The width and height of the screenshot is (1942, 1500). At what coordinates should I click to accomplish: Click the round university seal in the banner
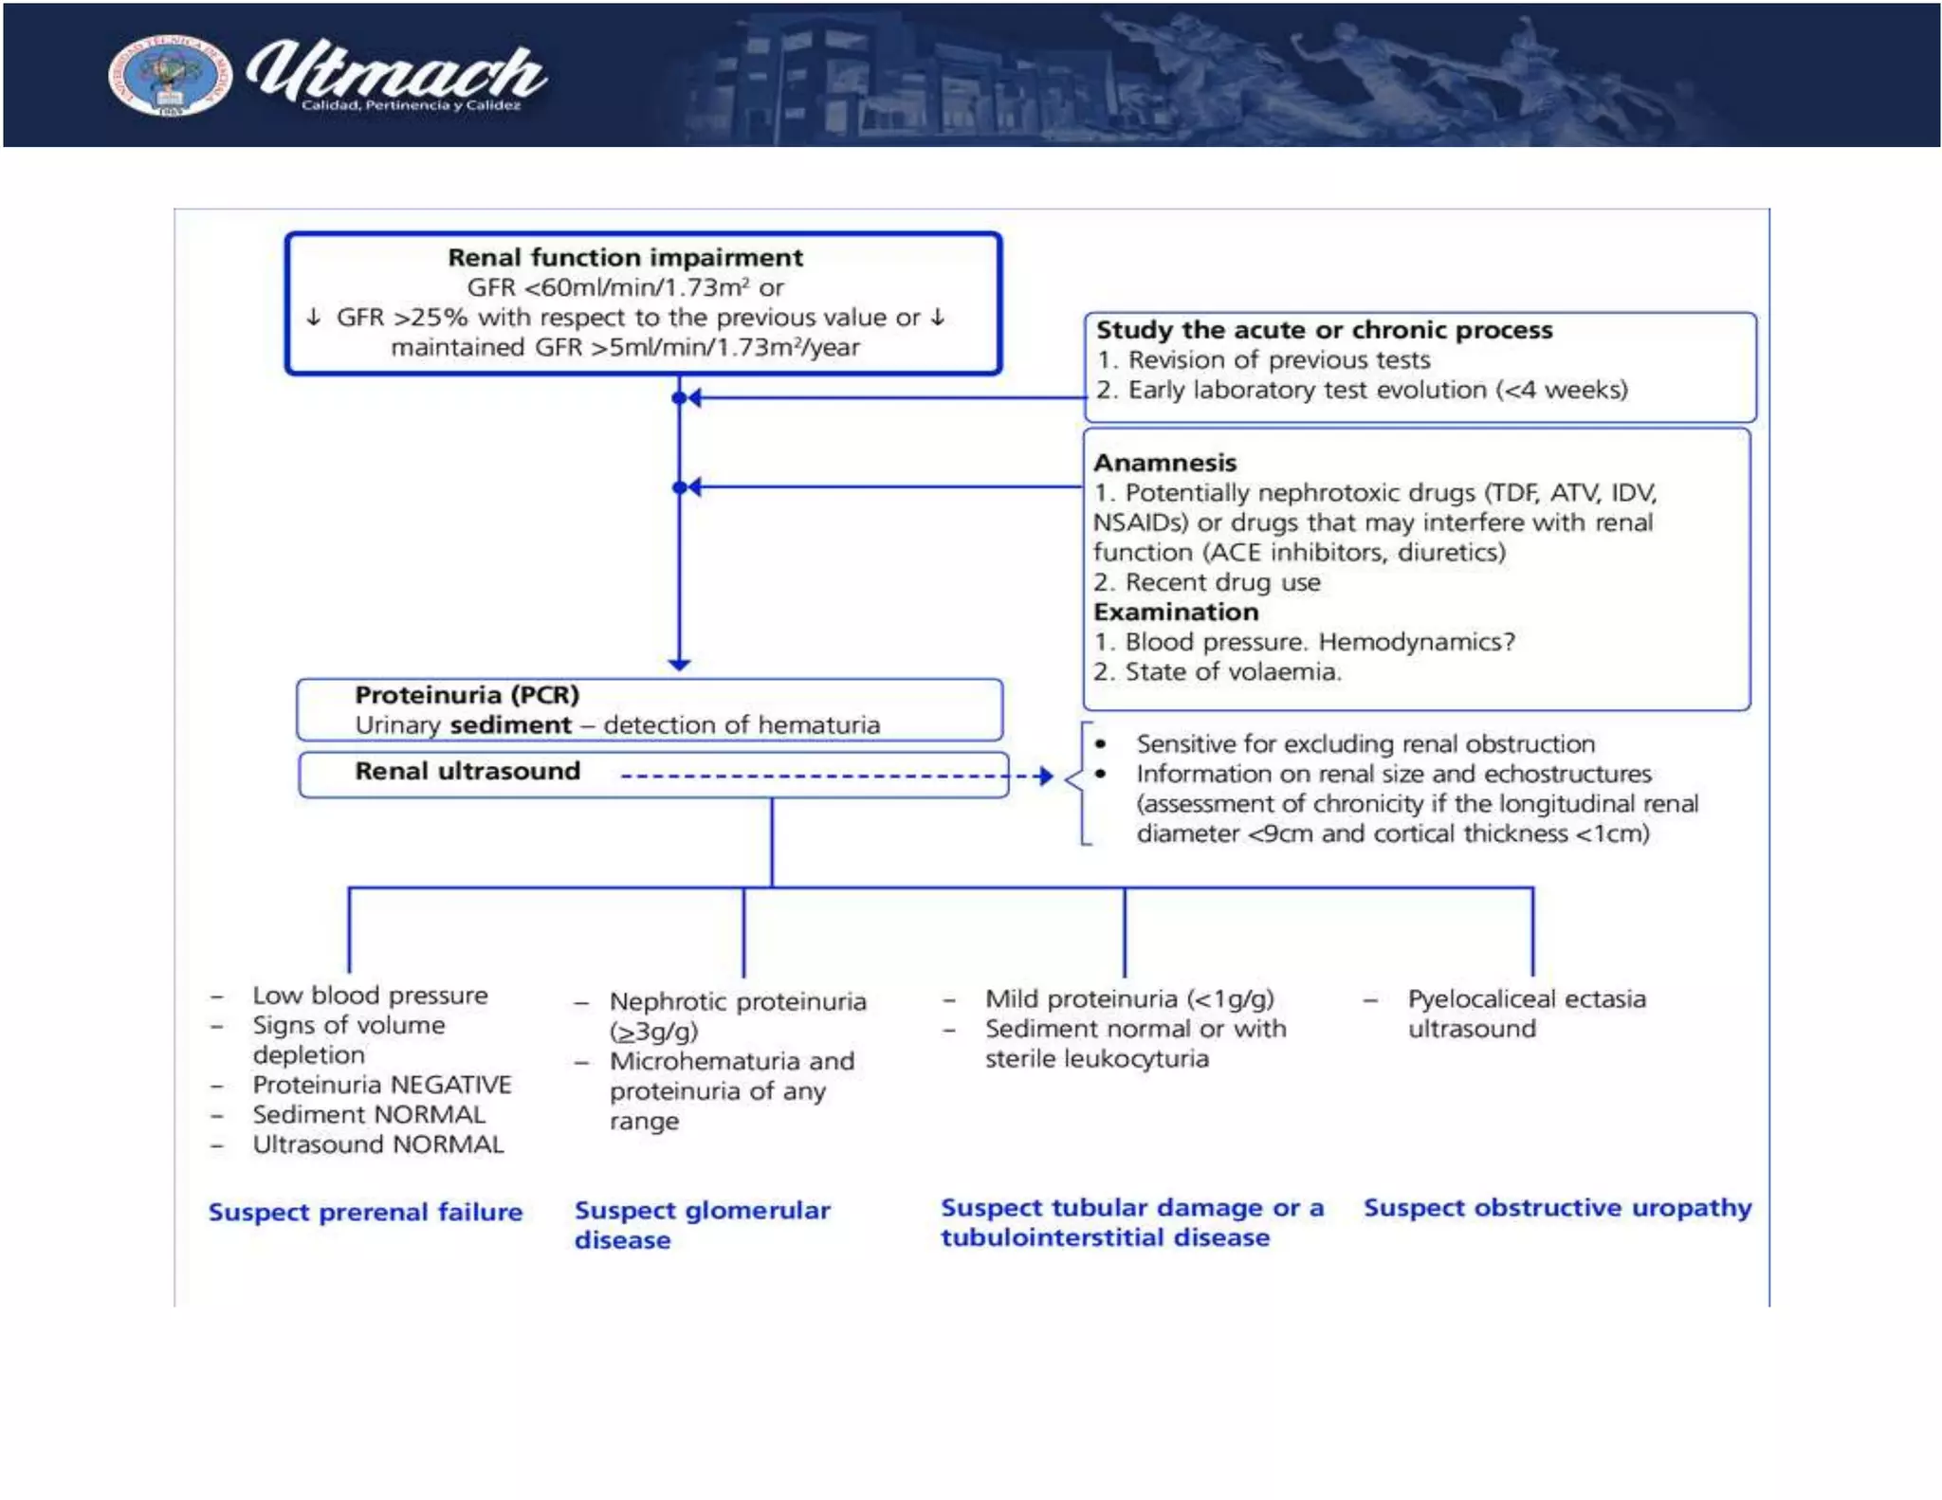pyautogui.click(x=169, y=76)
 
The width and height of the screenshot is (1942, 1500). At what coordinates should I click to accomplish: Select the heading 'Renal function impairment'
pyautogui.click(x=625, y=258)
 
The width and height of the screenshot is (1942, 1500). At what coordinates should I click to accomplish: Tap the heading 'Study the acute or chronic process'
pyautogui.click(x=1324, y=330)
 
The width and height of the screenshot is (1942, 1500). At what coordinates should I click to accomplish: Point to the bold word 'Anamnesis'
pyautogui.click(x=1164, y=463)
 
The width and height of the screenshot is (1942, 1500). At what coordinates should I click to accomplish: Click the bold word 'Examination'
pyautogui.click(x=1176, y=612)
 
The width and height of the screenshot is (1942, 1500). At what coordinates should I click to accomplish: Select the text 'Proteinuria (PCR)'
pyautogui.click(x=467, y=695)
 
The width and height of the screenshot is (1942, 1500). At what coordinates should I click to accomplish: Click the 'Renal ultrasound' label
pyautogui.click(x=467, y=771)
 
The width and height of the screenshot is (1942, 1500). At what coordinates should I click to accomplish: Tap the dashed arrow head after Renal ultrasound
pyautogui.click(x=1044, y=777)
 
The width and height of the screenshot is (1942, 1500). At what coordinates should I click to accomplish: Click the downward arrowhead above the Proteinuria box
pyautogui.click(x=679, y=664)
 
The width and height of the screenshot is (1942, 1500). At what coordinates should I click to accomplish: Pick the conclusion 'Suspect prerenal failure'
pyautogui.click(x=365, y=1212)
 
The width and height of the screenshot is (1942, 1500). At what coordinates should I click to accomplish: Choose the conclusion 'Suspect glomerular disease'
pyautogui.click(x=702, y=1224)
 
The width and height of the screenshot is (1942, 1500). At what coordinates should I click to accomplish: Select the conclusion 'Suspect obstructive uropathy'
pyautogui.click(x=1557, y=1208)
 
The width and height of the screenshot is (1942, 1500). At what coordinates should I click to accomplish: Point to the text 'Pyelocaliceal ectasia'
pyautogui.click(x=1527, y=999)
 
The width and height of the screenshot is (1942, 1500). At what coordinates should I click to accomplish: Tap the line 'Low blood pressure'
pyautogui.click(x=370, y=996)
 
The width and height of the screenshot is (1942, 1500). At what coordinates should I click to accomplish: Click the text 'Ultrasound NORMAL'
pyautogui.click(x=377, y=1144)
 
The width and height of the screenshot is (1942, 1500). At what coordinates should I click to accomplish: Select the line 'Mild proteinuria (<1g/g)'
pyautogui.click(x=1128, y=999)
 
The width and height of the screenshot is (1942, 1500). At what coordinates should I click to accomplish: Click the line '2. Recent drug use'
pyautogui.click(x=1206, y=582)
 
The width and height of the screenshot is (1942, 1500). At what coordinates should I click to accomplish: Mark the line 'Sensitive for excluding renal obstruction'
pyautogui.click(x=1365, y=744)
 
